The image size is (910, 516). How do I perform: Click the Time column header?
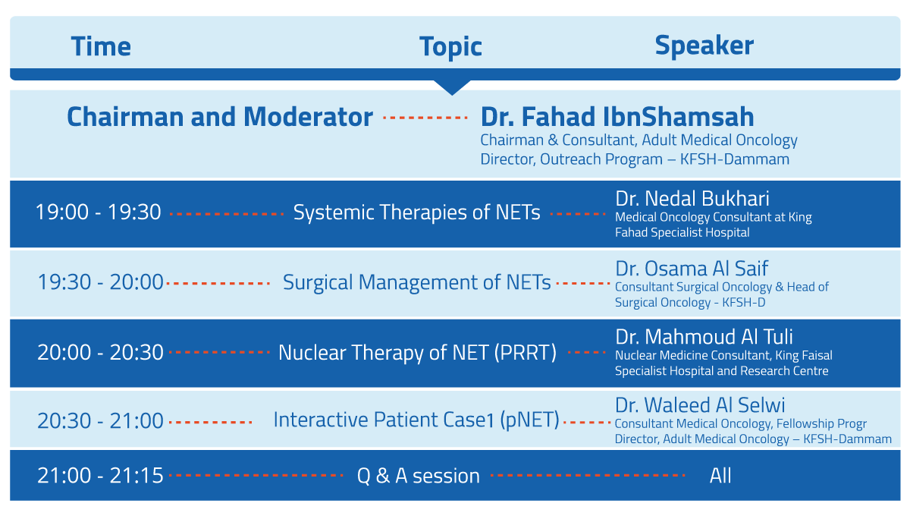[x=101, y=46]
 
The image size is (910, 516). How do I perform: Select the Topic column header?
[x=450, y=47]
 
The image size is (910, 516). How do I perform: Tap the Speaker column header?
[x=704, y=46]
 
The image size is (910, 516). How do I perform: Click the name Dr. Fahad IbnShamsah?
[x=617, y=117]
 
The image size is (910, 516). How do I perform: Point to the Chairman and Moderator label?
[x=220, y=117]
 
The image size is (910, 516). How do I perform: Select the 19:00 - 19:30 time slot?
[x=99, y=212]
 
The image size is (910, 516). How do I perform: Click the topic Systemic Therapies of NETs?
[x=417, y=212]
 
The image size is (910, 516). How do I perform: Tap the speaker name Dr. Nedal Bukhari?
[x=692, y=198]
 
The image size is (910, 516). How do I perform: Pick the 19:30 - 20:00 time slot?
[x=100, y=282]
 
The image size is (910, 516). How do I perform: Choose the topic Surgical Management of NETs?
[x=417, y=282]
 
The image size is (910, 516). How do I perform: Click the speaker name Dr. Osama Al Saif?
[x=692, y=269]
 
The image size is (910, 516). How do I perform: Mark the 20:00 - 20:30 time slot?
[x=100, y=352]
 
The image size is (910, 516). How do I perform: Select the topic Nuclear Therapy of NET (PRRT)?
[x=417, y=353]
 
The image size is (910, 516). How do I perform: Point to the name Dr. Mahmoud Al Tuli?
[x=704, y=337]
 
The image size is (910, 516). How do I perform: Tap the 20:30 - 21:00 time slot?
[x=100, y=420]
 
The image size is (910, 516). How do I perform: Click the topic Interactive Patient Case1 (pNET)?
[x=416, y=420]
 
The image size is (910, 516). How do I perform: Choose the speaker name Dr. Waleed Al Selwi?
[x=699, y=405]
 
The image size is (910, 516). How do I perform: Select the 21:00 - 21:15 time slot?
[x=100, y=475]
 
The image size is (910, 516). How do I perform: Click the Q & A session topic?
[x=419, y=476]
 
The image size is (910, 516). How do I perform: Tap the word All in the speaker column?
[x=720, y=475]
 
